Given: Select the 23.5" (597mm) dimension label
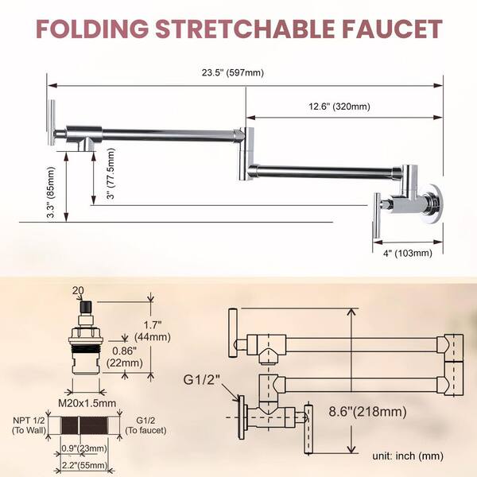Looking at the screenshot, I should (x=235, y=73).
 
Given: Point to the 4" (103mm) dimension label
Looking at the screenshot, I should (x=405, y=253).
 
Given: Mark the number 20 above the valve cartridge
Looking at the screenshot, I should (x=78, y=290).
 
